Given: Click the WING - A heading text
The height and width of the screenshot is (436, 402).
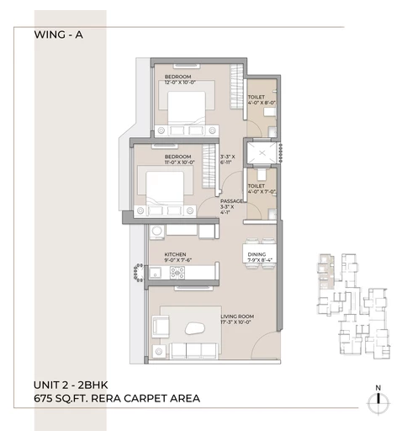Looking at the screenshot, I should (60, 35).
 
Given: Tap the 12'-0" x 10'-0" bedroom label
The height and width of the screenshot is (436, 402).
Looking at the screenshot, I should (181, 80).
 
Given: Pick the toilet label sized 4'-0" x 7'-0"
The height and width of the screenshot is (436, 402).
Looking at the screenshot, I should (257, 189).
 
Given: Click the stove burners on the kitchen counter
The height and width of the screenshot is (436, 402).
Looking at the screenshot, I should (156, 272).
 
